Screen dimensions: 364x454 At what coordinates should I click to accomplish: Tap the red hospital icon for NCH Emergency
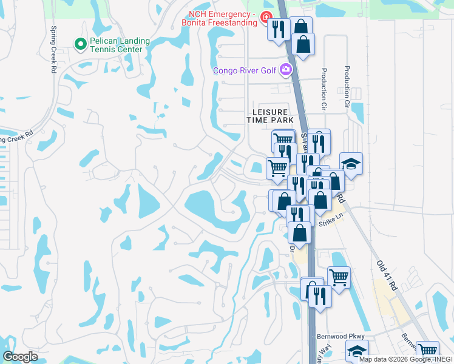click(265, 17)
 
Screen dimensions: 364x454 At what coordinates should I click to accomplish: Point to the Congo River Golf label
click(245, 71)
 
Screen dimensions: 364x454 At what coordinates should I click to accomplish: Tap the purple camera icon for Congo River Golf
click(286, 71)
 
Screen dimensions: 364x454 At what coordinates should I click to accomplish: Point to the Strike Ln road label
click(331, 224)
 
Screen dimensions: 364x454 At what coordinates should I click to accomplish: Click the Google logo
click(20, 357)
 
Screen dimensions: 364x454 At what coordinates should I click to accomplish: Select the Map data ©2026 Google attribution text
click(404, 359)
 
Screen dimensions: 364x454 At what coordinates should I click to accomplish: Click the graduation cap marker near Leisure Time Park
click(351, 163)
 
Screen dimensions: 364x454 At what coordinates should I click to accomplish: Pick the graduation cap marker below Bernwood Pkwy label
click(357, 351)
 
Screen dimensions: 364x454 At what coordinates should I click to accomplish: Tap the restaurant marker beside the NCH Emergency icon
click(279, 30)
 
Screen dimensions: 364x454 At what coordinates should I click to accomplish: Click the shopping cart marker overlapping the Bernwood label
click(428, 350)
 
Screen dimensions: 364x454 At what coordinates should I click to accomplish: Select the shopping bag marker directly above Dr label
click(299, 232)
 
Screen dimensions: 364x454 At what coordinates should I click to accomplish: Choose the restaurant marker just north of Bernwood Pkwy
click(320, 296)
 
